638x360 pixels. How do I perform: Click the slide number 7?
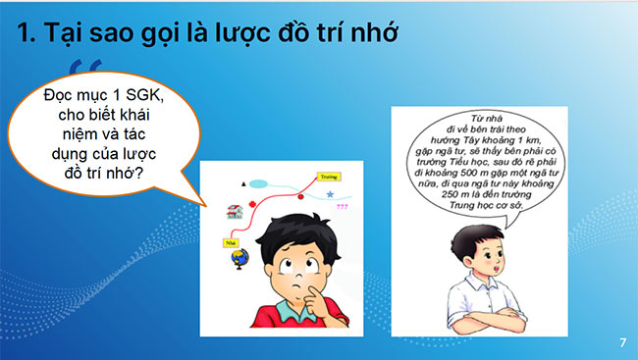pos(622,342)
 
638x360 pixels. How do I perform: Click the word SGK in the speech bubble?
pos(141,98)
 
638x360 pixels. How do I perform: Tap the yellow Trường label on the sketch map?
pos(329,178)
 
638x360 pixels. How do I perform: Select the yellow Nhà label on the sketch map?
pos(233,239)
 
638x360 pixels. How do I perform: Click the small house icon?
pos(234,211)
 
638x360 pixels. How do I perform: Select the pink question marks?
pos(342,207)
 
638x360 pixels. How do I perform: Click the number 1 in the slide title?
pos(26,35)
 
